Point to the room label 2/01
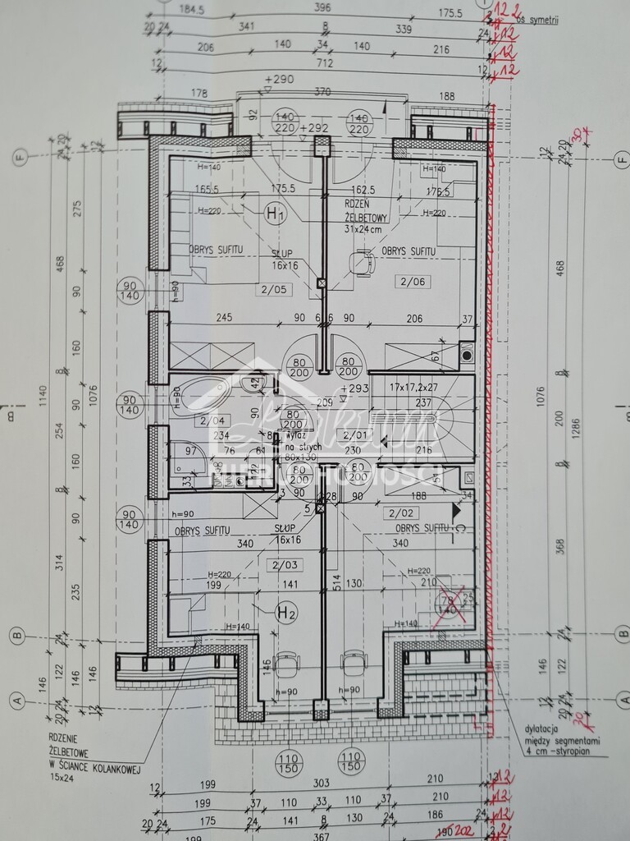tap(358, 435)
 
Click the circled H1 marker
tap(276, 215)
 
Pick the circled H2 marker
tap(285, 612)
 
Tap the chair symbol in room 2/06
tap(362, 264)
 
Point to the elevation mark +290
tap(279, 80)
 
